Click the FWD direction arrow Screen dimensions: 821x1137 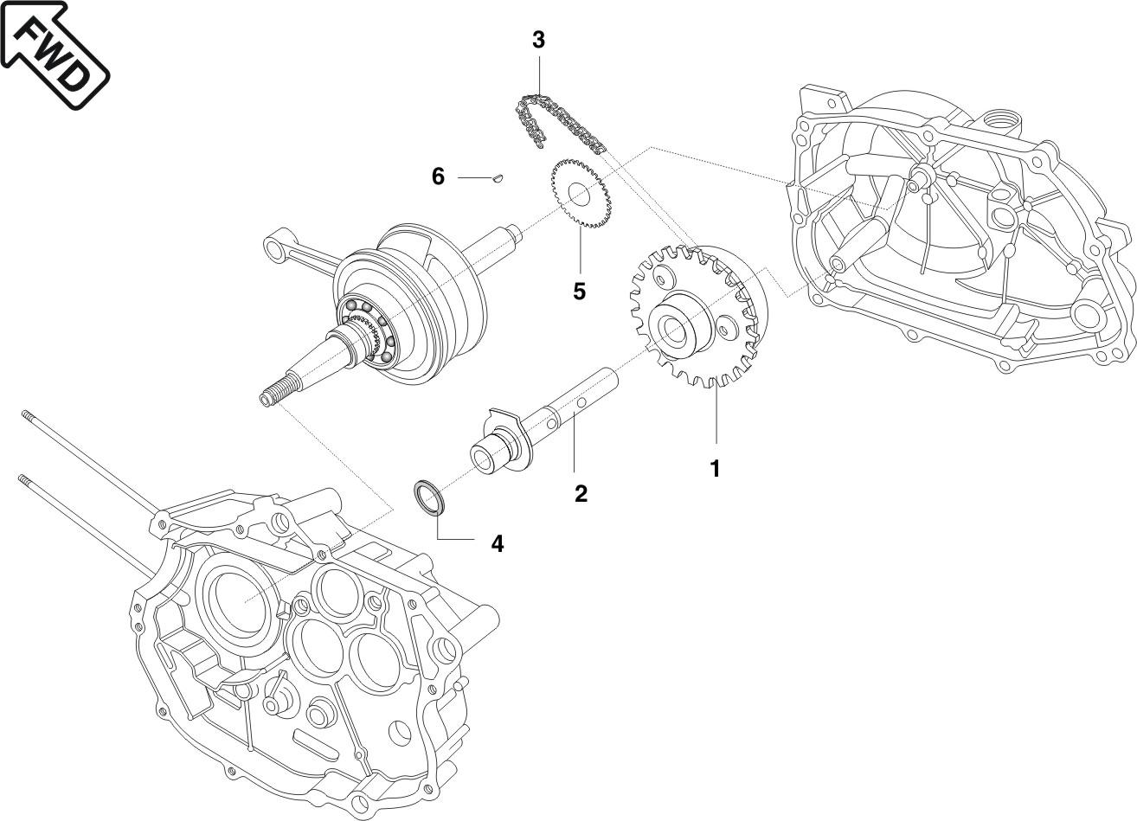tap(54, 52)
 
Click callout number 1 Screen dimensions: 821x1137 tap(715, 468)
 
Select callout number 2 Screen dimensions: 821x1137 tap(581, 493)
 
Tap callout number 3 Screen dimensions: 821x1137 tap(538, 40)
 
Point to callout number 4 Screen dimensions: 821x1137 tap(497, 543)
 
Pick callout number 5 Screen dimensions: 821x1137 tap(579, 291)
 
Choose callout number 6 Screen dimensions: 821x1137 tap(438, 176)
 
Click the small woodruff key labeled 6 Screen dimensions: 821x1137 tap(497, 178)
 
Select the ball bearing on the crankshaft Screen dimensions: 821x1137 tap(367, 330)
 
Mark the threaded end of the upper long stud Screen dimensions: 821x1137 tap(29, 416)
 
